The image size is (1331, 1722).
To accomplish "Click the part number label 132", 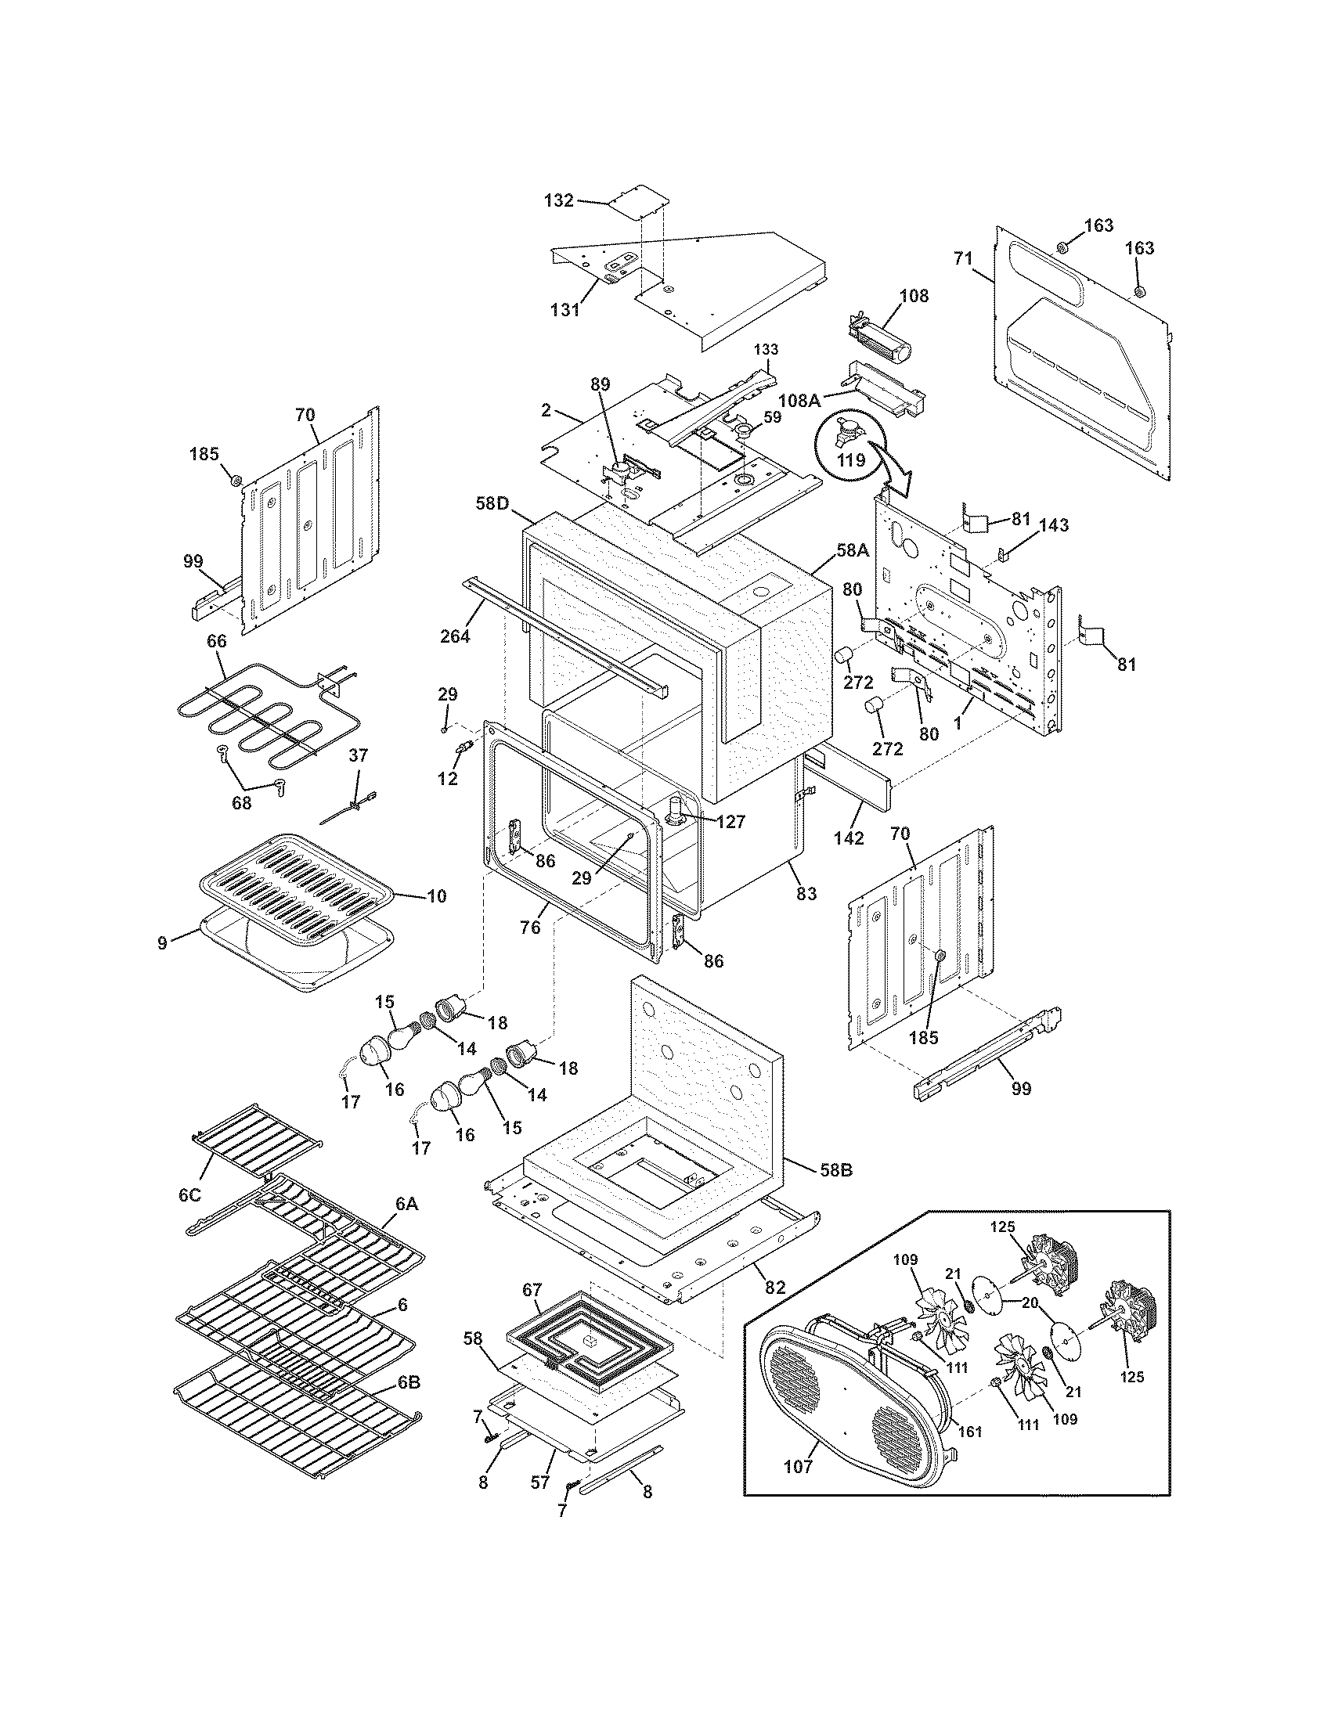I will coord(558,200).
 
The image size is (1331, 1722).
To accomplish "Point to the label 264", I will coord(455,635).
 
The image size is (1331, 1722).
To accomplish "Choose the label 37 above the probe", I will coord(358,755).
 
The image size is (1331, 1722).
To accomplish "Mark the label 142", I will coord(848,838).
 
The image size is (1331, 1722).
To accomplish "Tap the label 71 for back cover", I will coord(963,258).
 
